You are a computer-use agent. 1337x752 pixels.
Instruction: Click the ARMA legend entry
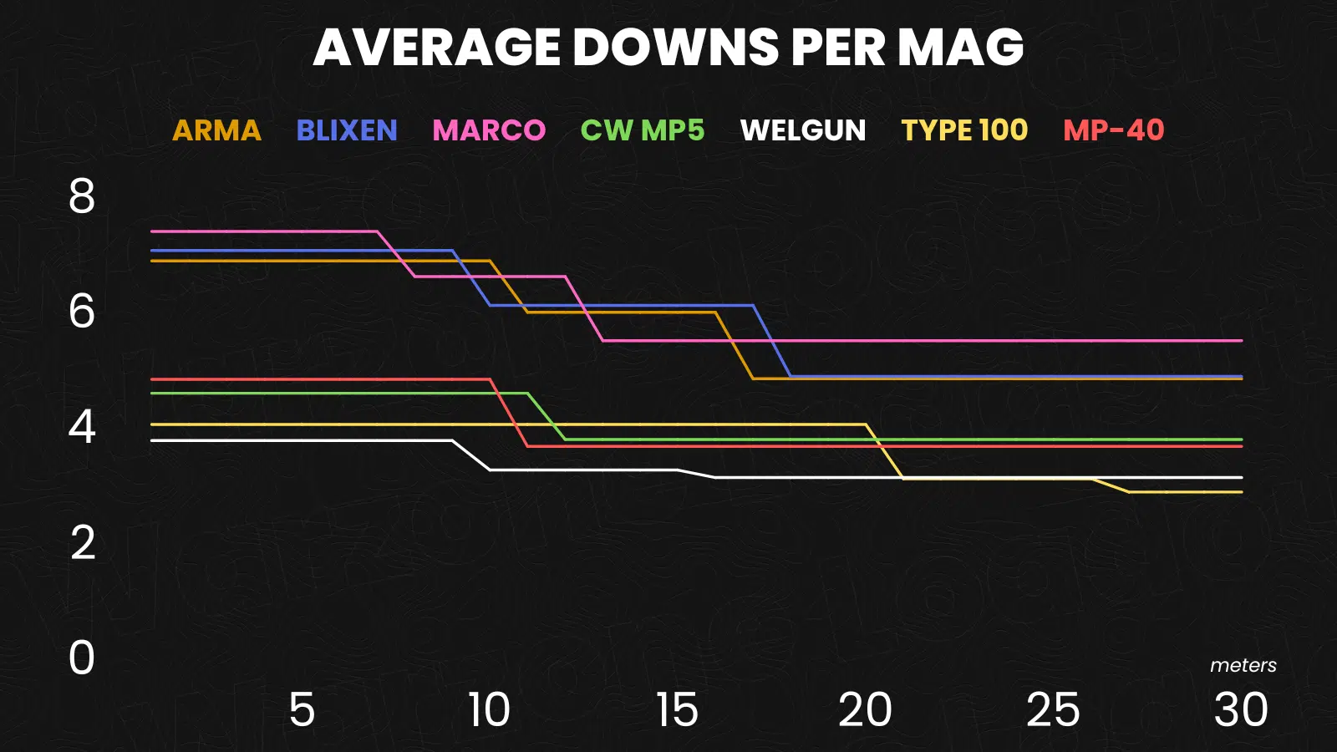216,130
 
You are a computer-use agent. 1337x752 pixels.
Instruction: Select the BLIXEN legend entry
347,130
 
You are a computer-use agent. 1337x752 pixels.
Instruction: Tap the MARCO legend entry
489,130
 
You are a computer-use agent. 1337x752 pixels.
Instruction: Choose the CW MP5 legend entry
643,130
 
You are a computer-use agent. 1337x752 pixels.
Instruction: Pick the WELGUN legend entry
803,130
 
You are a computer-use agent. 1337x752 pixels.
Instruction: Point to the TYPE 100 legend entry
964,130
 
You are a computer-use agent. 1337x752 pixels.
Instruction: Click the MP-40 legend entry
1114,130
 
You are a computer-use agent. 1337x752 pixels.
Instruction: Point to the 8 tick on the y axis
82,197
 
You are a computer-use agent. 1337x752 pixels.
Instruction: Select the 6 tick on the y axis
82,312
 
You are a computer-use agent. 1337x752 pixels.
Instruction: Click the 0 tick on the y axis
82,658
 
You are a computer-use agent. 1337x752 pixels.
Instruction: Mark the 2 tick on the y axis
82,543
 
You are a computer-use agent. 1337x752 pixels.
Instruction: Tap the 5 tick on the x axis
302,710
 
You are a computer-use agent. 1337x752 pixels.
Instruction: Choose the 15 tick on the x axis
677,710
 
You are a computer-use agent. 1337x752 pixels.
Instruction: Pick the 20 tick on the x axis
865,710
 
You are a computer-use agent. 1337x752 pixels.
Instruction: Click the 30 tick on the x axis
1241,710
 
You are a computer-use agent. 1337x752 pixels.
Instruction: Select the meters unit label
1243,665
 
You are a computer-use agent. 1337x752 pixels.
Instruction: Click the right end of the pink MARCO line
1242,341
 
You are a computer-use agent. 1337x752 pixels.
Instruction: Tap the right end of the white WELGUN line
1242,478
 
